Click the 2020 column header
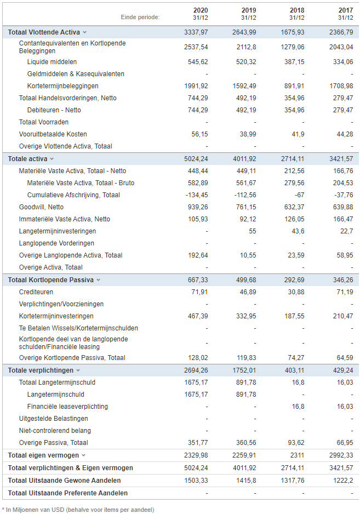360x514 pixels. (201, 10)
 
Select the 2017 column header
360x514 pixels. (346, 10)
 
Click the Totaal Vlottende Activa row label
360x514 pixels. (44, 32)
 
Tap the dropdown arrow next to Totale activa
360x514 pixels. (52, 159)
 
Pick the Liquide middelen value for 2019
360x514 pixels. (246, 61)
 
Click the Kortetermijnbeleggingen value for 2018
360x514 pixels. (294, 86)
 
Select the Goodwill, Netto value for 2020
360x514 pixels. (198, 207)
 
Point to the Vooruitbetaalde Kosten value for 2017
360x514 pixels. (345, 134)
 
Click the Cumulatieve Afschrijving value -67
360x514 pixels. (299, 195)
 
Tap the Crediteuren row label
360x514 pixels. (36, 292)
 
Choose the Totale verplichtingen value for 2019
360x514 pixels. (244, 370)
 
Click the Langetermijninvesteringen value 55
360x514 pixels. (253, 231)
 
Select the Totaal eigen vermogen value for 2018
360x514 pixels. (297, 455)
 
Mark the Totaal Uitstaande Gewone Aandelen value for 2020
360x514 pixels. (196, 481)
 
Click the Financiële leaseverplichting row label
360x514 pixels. (67, 407)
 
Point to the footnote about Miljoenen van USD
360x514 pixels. (80, 510)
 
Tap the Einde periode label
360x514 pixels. (140, 17)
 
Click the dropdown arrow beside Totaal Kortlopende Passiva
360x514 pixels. (99, 280)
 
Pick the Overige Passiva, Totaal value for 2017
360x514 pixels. (345, 443)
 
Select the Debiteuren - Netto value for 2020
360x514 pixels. (198, 110)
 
